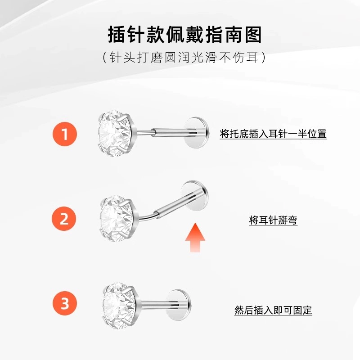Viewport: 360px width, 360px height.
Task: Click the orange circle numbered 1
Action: coord(65,134)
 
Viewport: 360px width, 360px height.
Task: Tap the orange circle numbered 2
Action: coord(64,219)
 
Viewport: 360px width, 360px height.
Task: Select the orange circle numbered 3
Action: coord(65,303)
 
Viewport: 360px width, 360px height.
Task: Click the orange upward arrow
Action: coord(195,238)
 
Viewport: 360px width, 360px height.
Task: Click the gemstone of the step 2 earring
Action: coord(117,219)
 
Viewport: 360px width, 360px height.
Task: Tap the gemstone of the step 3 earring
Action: coord(120,306)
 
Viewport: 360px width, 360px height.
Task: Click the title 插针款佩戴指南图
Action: coord(185,35)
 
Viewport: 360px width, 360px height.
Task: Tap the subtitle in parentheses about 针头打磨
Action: coord(184,57)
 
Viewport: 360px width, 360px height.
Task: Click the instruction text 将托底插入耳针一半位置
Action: coord(273,134)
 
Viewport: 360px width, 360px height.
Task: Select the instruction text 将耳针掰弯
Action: coord(273,220)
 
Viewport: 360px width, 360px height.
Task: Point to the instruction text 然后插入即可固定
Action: coord(273,310)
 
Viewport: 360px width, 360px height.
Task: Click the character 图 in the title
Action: coord(253,35)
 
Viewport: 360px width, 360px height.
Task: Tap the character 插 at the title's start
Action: coord(117,35)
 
